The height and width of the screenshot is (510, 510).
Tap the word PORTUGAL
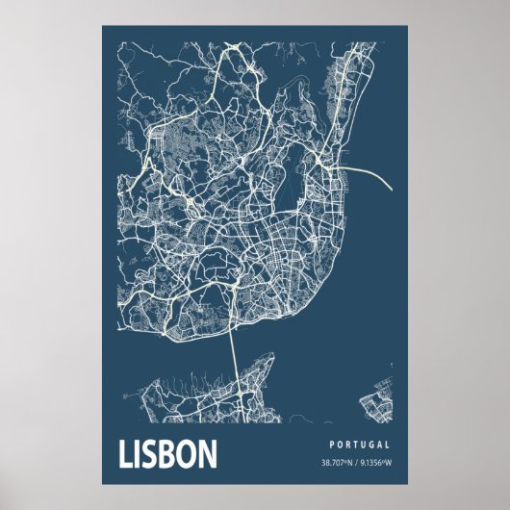(x=359, y=446)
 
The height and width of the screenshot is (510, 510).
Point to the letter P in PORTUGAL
(x=330, y=446)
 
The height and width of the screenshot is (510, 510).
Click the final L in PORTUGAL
(x=387, y=446)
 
